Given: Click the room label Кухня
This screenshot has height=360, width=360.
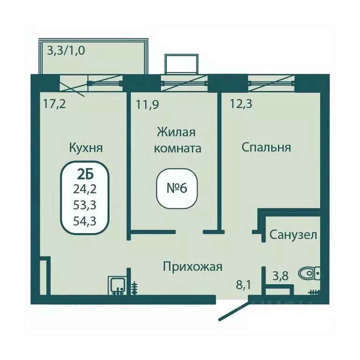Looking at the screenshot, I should point(86,148).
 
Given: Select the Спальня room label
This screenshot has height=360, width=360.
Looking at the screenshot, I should point(266,147).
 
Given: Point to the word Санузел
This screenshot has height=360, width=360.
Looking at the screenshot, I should point(293,234).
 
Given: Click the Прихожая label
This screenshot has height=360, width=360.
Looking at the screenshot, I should point(192,267).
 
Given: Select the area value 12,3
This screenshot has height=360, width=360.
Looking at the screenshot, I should point(241,104).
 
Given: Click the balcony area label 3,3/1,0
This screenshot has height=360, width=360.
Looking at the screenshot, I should point(66,50).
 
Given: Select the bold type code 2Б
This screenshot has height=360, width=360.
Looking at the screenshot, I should point(85,175).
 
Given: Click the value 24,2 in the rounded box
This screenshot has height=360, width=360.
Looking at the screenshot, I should point(85,190).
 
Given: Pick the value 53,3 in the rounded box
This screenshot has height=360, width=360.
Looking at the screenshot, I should point(85,206).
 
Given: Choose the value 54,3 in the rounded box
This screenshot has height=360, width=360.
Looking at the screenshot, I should point(85,221).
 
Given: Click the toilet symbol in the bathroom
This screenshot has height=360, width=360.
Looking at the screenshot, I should point(309,272).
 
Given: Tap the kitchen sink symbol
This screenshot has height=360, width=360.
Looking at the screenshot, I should point(116,284).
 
